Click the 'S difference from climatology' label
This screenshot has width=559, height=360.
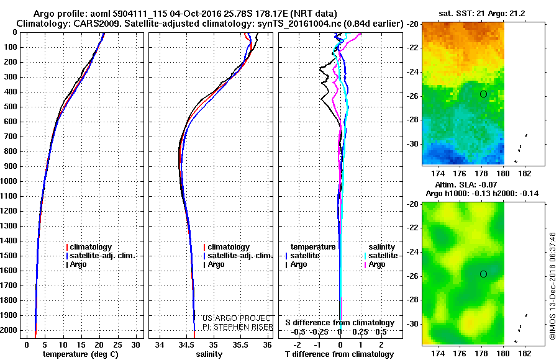[339, 323]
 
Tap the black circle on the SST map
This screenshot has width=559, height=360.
[483, 94]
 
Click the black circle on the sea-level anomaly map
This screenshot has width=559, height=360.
[483, 274]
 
